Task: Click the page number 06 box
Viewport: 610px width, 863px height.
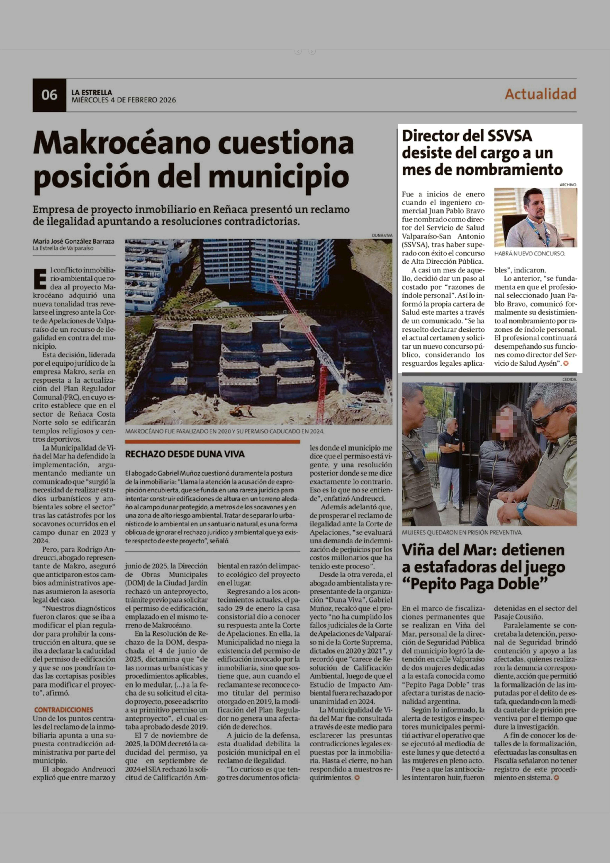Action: coord(49,95)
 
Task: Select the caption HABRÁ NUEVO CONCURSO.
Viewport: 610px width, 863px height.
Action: coord(529,254)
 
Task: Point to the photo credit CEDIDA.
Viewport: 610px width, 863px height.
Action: coord(569,380)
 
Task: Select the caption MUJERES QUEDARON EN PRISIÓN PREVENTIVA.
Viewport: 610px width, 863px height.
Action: coord(462,533)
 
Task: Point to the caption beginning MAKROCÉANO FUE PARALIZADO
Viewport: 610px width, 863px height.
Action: coord(224,431)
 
